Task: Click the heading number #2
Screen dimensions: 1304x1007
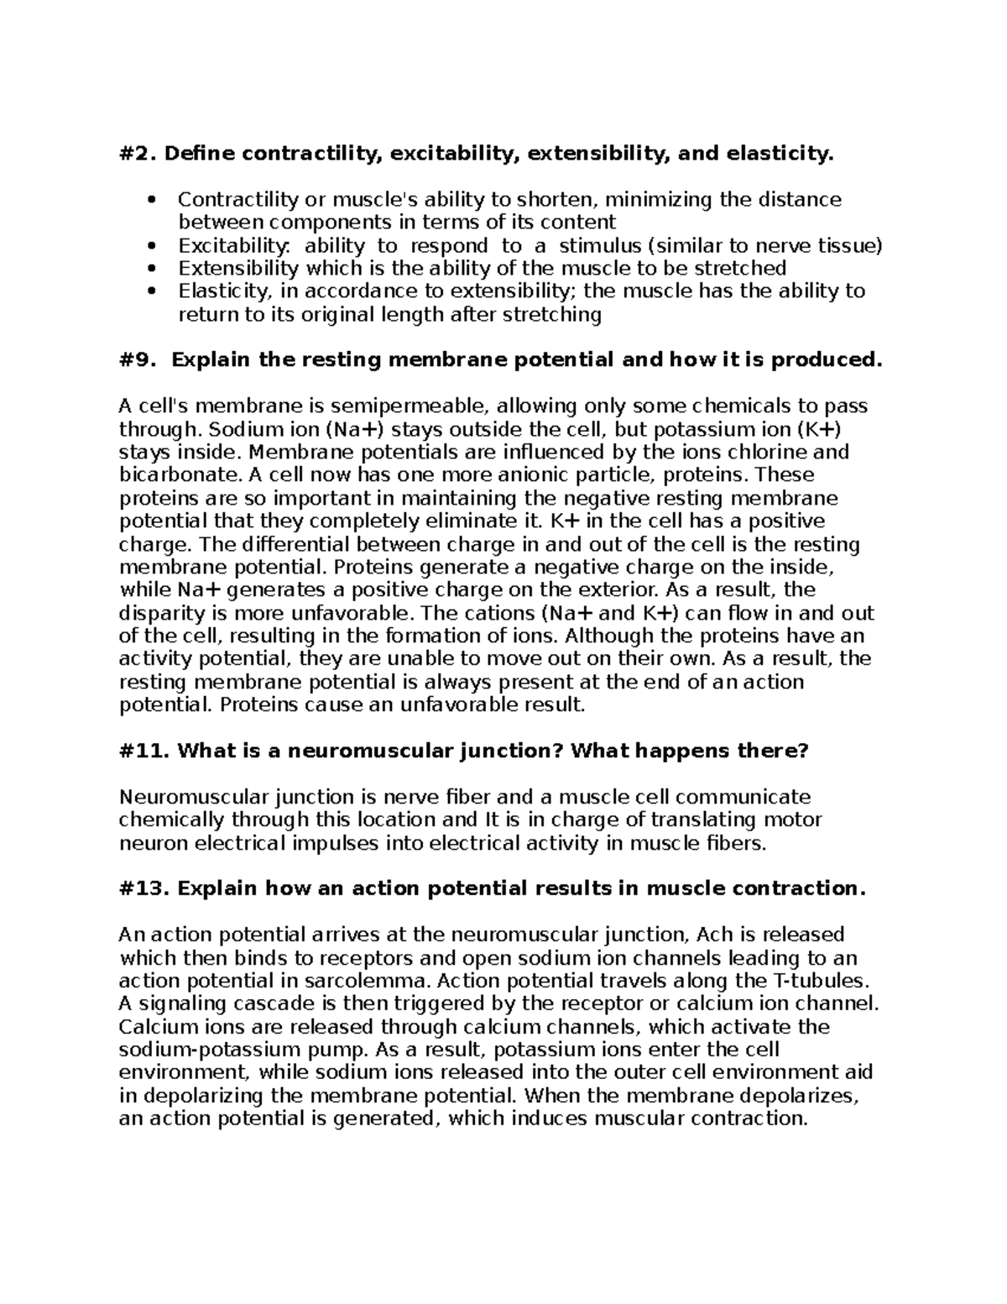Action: pos(138,154)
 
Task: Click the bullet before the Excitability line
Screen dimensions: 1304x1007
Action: pos(152,246)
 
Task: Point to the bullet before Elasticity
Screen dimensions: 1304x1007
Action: pos(152,292)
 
